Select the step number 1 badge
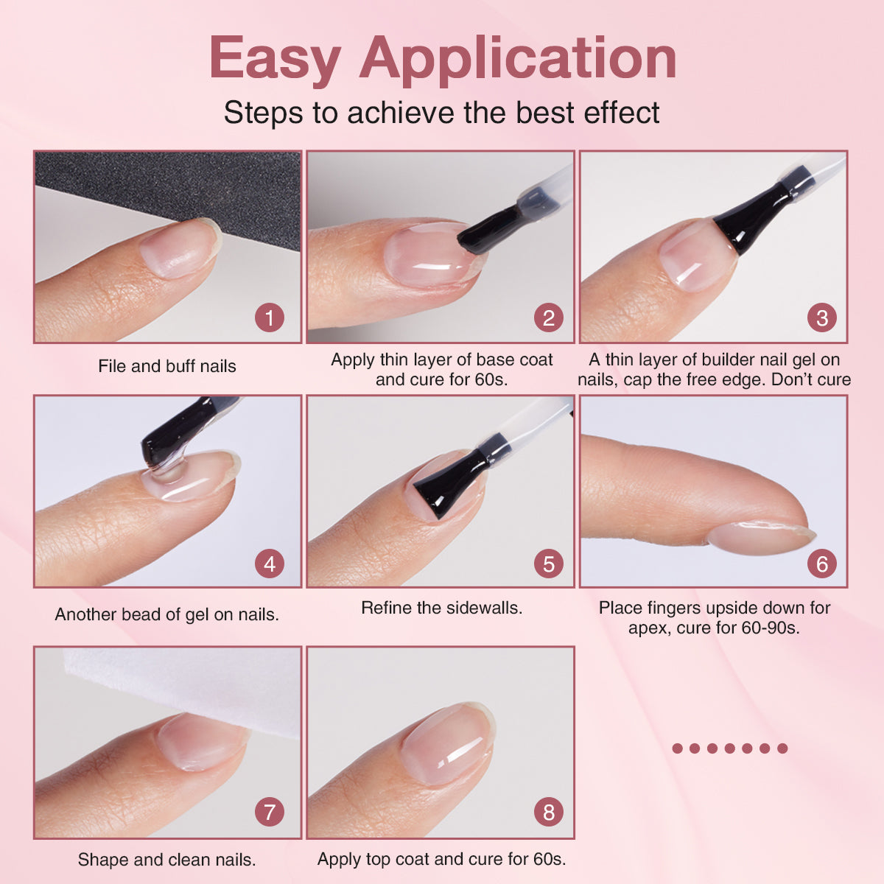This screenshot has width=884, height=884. [x=270, y=318]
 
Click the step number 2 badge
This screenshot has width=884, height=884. [x=548, y=318]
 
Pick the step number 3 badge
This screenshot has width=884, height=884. [x=821, y=318]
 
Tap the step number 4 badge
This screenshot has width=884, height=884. [x=270, y=564]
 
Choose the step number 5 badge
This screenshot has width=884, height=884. [x=548, y=564]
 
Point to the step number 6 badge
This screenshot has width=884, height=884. [x=821, y=564]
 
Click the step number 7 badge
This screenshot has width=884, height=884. [x=270, y=812]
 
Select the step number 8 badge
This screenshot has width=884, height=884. [x=548, y=812]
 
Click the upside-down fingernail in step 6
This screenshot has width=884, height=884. [x=762, y=537]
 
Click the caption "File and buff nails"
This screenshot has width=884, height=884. [x=167, y=367]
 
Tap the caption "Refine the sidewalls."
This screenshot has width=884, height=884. [x=442, y=608]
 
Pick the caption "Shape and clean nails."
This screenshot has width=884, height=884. [x=167, y=860]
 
